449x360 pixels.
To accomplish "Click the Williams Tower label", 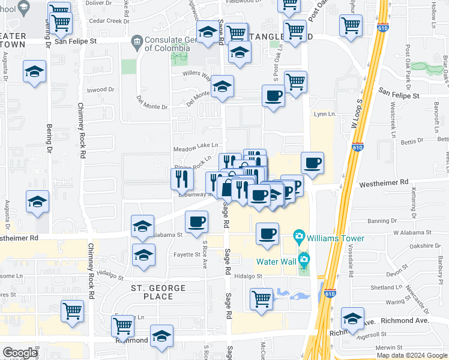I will coord(335,238).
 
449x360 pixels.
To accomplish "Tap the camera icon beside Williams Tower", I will coord(299,238).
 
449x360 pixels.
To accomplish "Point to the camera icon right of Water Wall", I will coord(304,261).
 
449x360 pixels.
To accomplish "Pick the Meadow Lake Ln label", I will coord(195,147).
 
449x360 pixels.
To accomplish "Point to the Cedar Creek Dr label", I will coord(109,21).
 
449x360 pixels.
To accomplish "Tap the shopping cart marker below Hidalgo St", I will coord(261,299).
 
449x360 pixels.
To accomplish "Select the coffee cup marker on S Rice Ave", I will coord(196,222).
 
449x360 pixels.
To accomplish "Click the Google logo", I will coord(20,353).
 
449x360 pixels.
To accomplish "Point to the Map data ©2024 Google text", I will coord(412,355).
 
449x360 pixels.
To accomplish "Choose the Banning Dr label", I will coord(379,221).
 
